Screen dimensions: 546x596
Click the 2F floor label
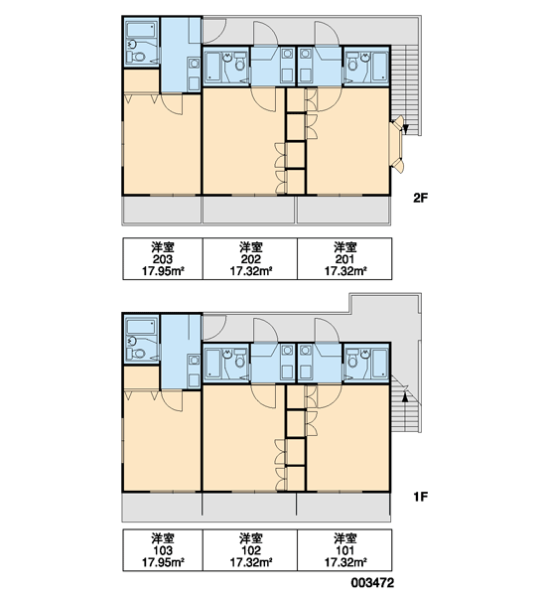[x=420, y=198]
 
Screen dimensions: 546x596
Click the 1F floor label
[x=420, y=497]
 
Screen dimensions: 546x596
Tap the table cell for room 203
[x=163, y=259]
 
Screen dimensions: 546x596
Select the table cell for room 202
[x=250, y=259]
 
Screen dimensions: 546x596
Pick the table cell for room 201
[x=344, y=259]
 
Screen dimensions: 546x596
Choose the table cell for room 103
[x=163, y=550]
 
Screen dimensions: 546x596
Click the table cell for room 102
[x=250, y=550]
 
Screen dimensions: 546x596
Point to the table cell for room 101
[x=344, y=550]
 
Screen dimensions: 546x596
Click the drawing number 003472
[x=372, y=582]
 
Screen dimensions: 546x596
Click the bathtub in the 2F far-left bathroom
[x=141, y=29]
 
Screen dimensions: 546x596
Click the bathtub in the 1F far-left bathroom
[x=141, y=327]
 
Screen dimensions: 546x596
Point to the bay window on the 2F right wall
[x=396, y=145]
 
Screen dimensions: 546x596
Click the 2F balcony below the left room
[x=162, y=210]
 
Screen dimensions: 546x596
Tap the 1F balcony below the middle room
[x=249, y=507]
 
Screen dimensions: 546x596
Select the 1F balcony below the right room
[x=343, y=507]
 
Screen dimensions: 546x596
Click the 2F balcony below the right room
[x=343, y=210]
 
